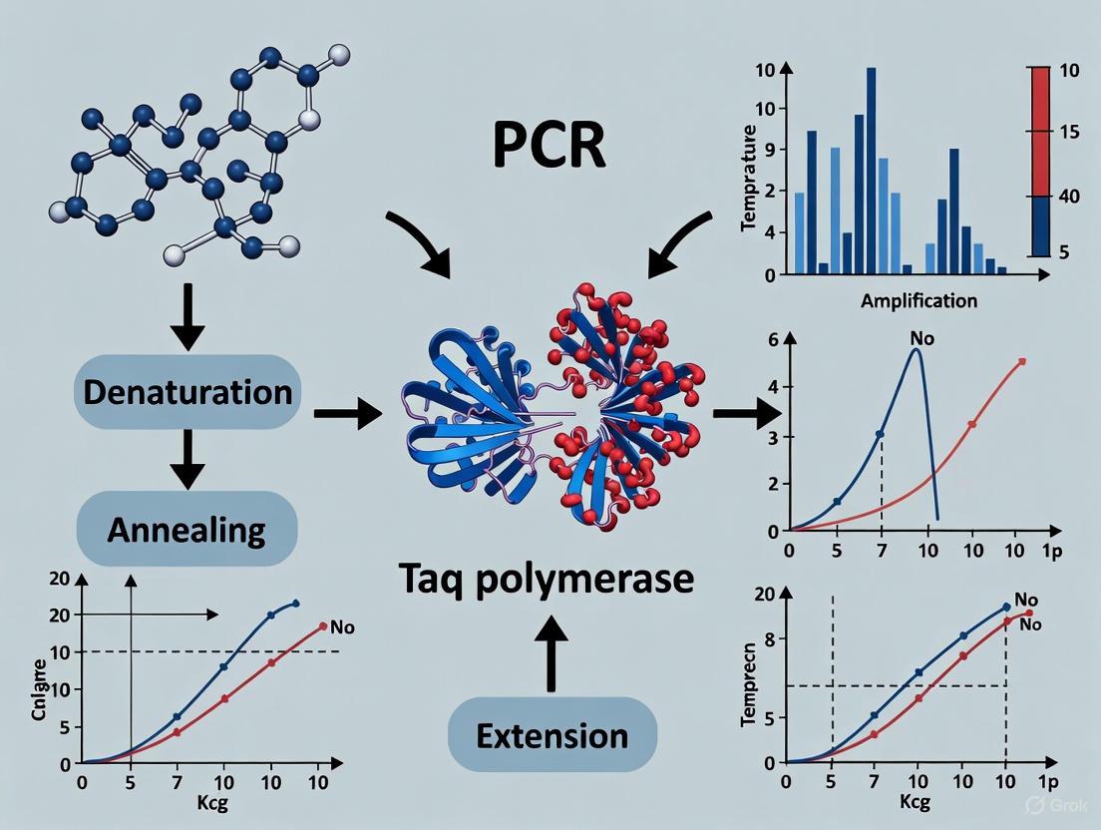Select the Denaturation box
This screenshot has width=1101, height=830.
pos(187,391)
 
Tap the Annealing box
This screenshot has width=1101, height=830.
pos(186,529)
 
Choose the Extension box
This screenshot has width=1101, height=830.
pos(551,736)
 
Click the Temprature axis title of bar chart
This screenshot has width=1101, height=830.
pos(750,180)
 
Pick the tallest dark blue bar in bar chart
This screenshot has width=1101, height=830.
pos(871,170)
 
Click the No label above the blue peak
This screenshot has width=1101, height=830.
pos(922,338)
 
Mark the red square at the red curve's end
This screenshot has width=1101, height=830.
pos(1021,361)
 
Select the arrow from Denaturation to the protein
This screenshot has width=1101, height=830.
pos(348,411)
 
